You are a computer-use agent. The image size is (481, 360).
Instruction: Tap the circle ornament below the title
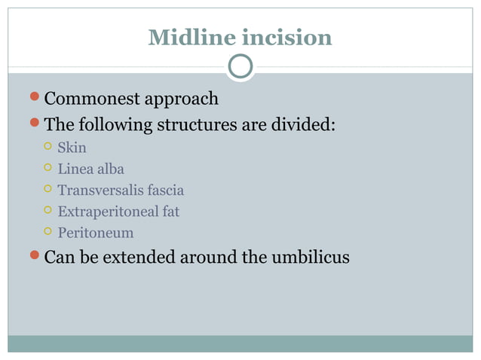[x=240, y=68]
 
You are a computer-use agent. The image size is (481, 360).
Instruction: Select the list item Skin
[x=72, y=148]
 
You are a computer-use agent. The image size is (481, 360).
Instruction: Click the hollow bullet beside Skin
[x=47, y=148]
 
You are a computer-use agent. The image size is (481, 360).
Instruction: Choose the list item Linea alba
[x=90, y=169]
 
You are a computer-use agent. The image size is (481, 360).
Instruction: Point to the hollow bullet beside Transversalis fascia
[x=47, y=190]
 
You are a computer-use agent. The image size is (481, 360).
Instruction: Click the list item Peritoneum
[x=95, y=233]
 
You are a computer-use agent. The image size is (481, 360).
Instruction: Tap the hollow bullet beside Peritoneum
[x=47, y=233]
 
